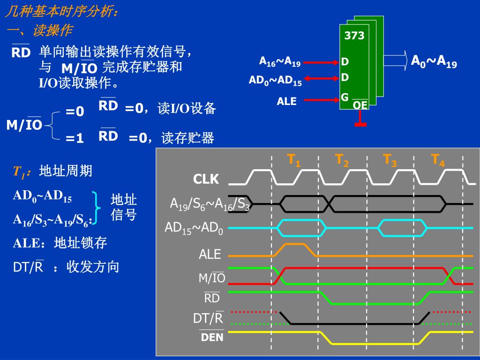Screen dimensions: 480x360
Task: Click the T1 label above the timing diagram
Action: point(294,160)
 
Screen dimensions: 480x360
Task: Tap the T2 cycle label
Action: point(342,160)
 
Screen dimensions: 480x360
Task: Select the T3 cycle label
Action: point(390,160)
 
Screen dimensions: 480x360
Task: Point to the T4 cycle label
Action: point(438,160)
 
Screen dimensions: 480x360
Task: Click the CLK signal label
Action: point(206,180)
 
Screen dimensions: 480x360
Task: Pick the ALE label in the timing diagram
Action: point(210,255)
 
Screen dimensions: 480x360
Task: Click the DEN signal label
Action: point(212,337)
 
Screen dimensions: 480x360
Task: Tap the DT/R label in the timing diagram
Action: point(209,319)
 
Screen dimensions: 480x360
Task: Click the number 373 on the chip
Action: point(354,36)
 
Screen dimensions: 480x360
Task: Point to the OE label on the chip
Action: point(360,105)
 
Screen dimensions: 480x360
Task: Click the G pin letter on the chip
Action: point(345,97)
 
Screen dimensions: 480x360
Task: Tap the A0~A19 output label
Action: point(434,61)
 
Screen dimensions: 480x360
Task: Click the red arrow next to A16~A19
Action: point(321,62)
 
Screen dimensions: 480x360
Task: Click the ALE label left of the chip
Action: point(287,101)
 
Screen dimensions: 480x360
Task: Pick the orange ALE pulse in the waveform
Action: point(293,245)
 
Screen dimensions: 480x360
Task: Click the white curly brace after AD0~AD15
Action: point(97,206)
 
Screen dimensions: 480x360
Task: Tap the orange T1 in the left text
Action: point(19,172)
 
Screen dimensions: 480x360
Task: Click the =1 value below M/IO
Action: point(75,139)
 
